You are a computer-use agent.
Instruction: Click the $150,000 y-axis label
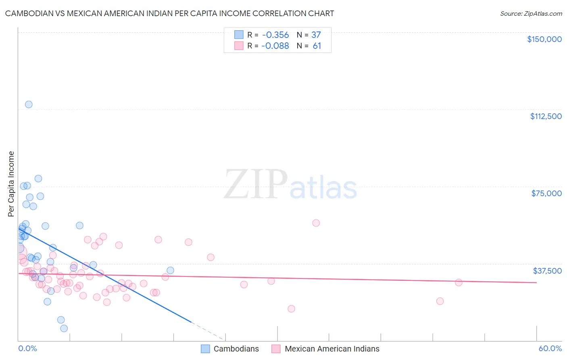tap(544, 39)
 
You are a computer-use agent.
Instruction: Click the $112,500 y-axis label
tap(546, 116)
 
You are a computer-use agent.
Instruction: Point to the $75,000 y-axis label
tap(546, 193)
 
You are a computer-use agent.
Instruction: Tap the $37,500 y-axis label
tap(547, 271)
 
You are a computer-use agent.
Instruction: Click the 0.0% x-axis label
tap(27, 348)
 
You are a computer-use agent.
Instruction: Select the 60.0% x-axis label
tap(550, 348)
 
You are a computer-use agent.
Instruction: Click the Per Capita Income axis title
tap(11, 184)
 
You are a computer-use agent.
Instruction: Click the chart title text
tap(169, 13)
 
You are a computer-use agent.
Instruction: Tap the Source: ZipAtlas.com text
tap(531, 14)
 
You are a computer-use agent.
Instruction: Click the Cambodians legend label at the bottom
tap(236, 349)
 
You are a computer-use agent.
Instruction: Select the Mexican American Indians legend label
tap(332, 349)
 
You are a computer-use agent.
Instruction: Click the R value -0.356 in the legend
tap(275, 35)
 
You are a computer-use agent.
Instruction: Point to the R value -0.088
tap(275, 46)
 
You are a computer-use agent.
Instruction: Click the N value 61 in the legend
tap(317, 46)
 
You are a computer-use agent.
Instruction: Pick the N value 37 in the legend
tap(316, 35)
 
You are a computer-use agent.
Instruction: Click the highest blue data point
tap(29, 105)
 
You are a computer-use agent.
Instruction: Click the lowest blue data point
tap(64, 329)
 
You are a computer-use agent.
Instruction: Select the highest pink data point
tap(316, 223)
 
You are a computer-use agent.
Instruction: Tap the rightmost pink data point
tap(459, 283)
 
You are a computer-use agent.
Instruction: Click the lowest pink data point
tap(291, 309)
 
